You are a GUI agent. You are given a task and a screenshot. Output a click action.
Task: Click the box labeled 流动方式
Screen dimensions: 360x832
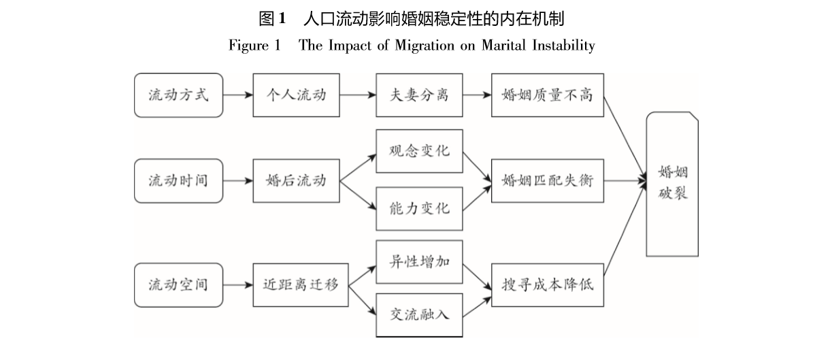[x=178, y=95]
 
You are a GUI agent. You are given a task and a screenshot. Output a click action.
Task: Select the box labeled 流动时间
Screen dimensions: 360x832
[x=178, y=181]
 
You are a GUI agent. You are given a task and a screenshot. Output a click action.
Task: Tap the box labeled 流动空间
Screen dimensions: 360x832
[x=178, y=284]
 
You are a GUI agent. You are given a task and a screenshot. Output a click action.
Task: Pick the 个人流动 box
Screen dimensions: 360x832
[x=296, y=95]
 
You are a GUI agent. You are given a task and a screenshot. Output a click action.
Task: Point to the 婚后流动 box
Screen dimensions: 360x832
[x=296, y=181]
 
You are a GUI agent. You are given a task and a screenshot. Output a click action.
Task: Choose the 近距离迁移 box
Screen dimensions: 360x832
[x=300, y=284]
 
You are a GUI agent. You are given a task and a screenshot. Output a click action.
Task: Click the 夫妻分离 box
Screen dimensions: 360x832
[x=419, y=95]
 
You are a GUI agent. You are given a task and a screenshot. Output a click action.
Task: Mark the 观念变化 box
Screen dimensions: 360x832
[x=419, y=151]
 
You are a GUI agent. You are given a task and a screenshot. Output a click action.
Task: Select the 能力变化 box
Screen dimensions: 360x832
[x=419, y=208]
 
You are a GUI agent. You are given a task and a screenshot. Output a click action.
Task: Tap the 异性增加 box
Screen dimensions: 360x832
[x=419, y=262]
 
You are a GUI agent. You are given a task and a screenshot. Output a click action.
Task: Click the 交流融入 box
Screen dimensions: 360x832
[x=419, y=314]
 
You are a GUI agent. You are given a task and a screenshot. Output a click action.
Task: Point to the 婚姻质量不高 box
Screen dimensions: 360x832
[x=547, y=95]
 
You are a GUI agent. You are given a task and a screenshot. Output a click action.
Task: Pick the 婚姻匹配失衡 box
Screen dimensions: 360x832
[x=547, y=181]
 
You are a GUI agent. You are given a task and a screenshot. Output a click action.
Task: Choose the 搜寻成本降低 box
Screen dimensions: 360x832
[x=547, y=284]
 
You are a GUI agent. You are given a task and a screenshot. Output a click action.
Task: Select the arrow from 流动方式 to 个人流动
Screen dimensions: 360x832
[x=237, y=95]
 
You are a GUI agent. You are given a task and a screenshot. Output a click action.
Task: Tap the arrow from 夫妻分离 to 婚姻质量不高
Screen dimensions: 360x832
[x=477, y=95]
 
